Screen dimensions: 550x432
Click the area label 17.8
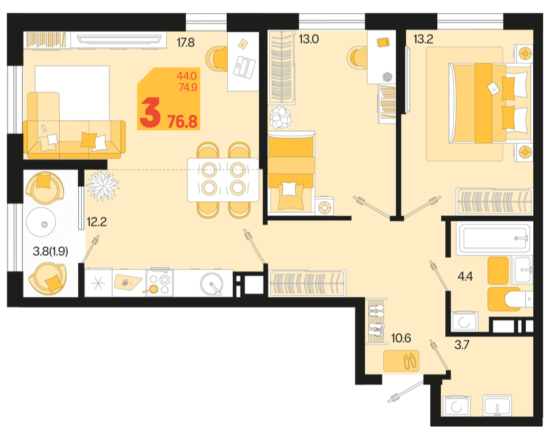(186, 43)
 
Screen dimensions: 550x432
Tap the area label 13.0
(309, 39)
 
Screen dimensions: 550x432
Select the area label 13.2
(423, 39)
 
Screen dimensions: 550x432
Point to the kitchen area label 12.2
(97, 221)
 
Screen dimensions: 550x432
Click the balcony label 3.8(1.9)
(50, 251)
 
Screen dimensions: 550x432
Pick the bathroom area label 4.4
(465, 277)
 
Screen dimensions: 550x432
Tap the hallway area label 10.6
(401, 338)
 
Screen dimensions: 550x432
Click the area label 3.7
(461, 345)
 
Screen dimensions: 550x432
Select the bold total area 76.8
(182, 122)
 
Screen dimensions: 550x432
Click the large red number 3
(150, 113)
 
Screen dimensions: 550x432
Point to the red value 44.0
(186, 76)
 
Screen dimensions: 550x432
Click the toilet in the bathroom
(518, 300)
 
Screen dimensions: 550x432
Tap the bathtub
(494, 238)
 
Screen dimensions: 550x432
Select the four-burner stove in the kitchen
(159, 284)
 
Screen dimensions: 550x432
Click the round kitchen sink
(212, 284)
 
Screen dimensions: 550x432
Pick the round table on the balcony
(41, 223)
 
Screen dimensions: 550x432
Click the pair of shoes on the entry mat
(409, 361)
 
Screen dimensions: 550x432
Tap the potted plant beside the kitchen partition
(102, 185)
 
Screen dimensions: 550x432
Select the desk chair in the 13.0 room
(356, 58)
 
